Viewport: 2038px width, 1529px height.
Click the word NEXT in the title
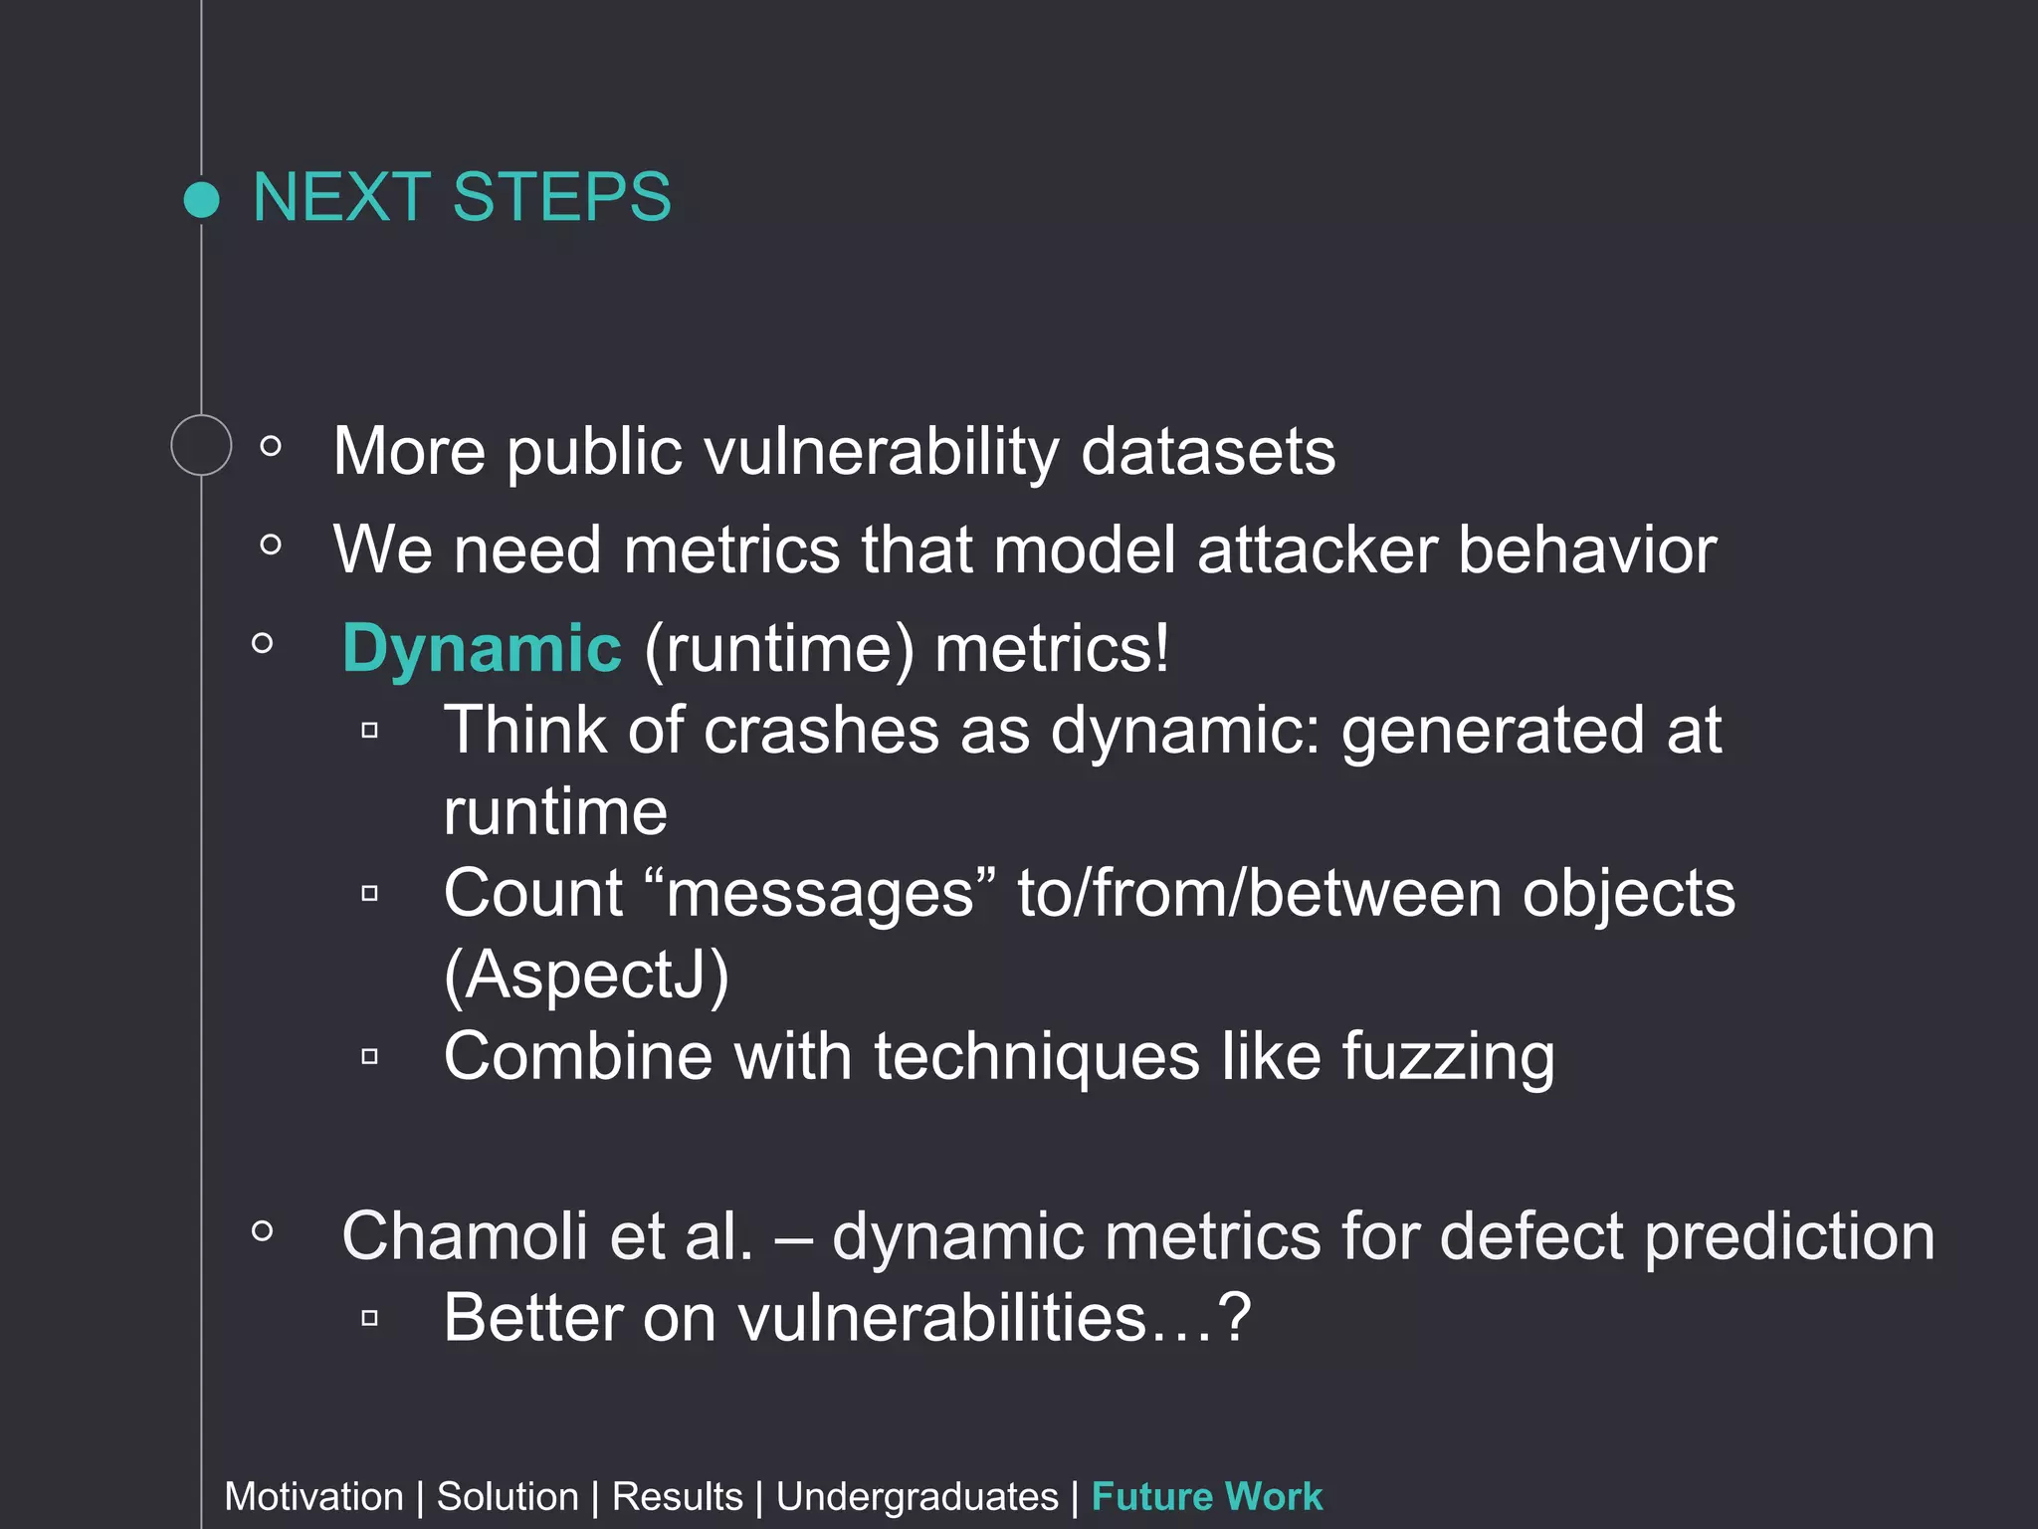341,197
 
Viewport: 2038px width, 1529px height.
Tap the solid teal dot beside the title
202,199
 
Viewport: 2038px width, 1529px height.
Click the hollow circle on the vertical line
201,445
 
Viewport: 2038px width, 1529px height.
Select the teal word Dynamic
482,648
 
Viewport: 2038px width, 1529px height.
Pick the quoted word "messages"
820,893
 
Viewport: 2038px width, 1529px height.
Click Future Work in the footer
1206,1497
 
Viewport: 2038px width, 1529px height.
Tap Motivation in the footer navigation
313,1497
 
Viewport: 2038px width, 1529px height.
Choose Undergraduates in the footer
917,1497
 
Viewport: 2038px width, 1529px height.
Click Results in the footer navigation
677,1497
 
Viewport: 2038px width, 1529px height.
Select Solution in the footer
508,1497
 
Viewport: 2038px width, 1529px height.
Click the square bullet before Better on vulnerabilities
370,1319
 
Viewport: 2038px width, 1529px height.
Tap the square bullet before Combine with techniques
370,1056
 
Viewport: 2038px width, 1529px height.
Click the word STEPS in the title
562,197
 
